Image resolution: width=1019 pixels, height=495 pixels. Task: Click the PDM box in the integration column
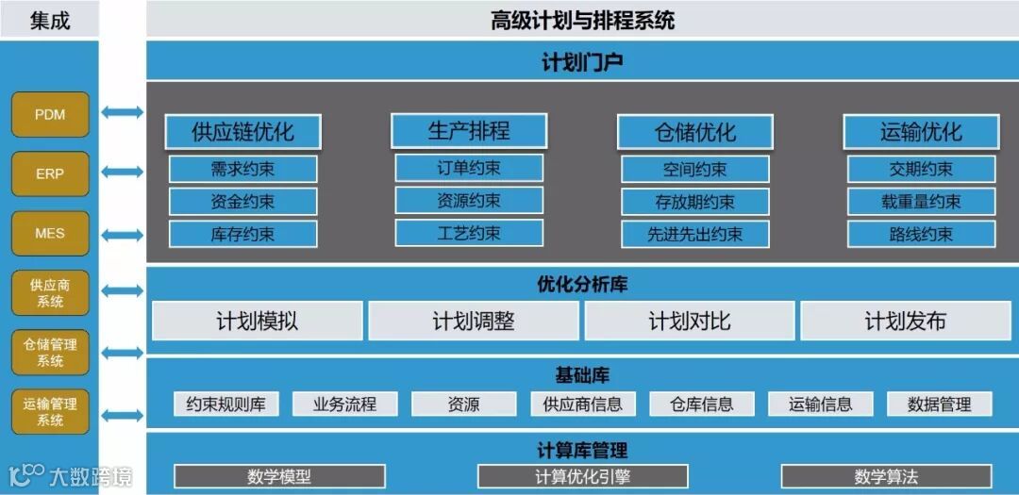pos(50,114)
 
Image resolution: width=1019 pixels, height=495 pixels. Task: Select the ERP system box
pos(50,173)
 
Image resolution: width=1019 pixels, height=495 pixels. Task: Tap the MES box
pos(50,233)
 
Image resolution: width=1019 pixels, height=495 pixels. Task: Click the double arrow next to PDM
pos(123,113)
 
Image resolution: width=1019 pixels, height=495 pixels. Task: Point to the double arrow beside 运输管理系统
pos(123,415)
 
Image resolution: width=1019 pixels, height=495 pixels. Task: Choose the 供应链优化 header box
pos(242,132)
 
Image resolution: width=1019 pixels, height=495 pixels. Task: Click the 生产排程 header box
pos(469,131)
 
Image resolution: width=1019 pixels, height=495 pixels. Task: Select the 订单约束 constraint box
pos(469,169)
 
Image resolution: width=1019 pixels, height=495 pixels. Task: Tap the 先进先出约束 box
pos(694,235)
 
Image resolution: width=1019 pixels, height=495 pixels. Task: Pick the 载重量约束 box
pos(921,202)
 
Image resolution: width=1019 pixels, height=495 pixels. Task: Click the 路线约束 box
pos(921,235)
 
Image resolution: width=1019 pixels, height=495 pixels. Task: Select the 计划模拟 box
pos(257,322)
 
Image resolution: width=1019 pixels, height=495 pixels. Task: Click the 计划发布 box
pos(905,322)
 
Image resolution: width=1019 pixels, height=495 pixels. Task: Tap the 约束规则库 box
pos(226,404)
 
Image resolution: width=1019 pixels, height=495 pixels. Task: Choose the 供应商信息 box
pos(582,404)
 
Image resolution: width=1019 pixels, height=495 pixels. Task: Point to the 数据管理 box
pos(940,404)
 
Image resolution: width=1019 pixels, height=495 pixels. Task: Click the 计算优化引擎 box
pos(582,476)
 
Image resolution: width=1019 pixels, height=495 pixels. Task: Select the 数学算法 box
pos(886,476)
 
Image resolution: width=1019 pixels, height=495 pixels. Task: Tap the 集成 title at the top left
pos(50,20)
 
